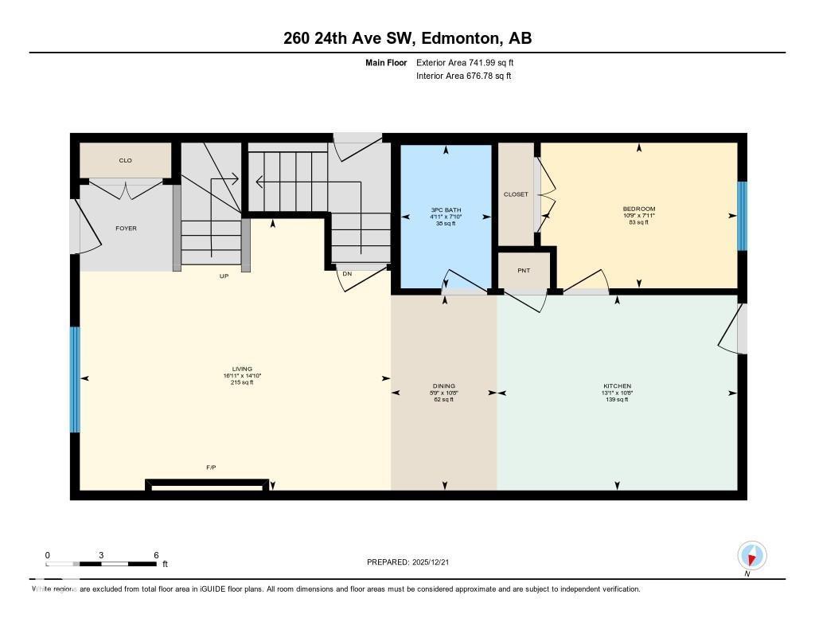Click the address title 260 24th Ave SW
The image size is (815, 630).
[x=407, y=38]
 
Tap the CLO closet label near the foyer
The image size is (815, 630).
[x=125, y=161]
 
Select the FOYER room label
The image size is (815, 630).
[x=126, y=229]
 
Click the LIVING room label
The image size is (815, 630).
[x=242, y=369]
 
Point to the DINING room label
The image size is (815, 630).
[x=443, y=386]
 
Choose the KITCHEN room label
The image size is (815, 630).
[x=617, y=386]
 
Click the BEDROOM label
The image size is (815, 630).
[x=638, y=209]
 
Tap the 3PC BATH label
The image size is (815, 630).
[x=446, y=210]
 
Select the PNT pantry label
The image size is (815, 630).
[x=523, y=271]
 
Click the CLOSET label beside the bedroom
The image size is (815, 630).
[x=516, y=194]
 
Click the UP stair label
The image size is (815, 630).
[x=224, y=276]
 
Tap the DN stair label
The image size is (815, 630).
[x=347, y=274]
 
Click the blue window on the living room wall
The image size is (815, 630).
[x=75, y=379]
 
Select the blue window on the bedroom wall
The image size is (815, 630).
[x=742, y=216]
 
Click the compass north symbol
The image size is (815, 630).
[x=751, y=555]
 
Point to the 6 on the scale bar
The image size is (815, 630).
[x=156, y=555]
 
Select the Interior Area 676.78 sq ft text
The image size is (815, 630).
[x=463, y=76]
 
